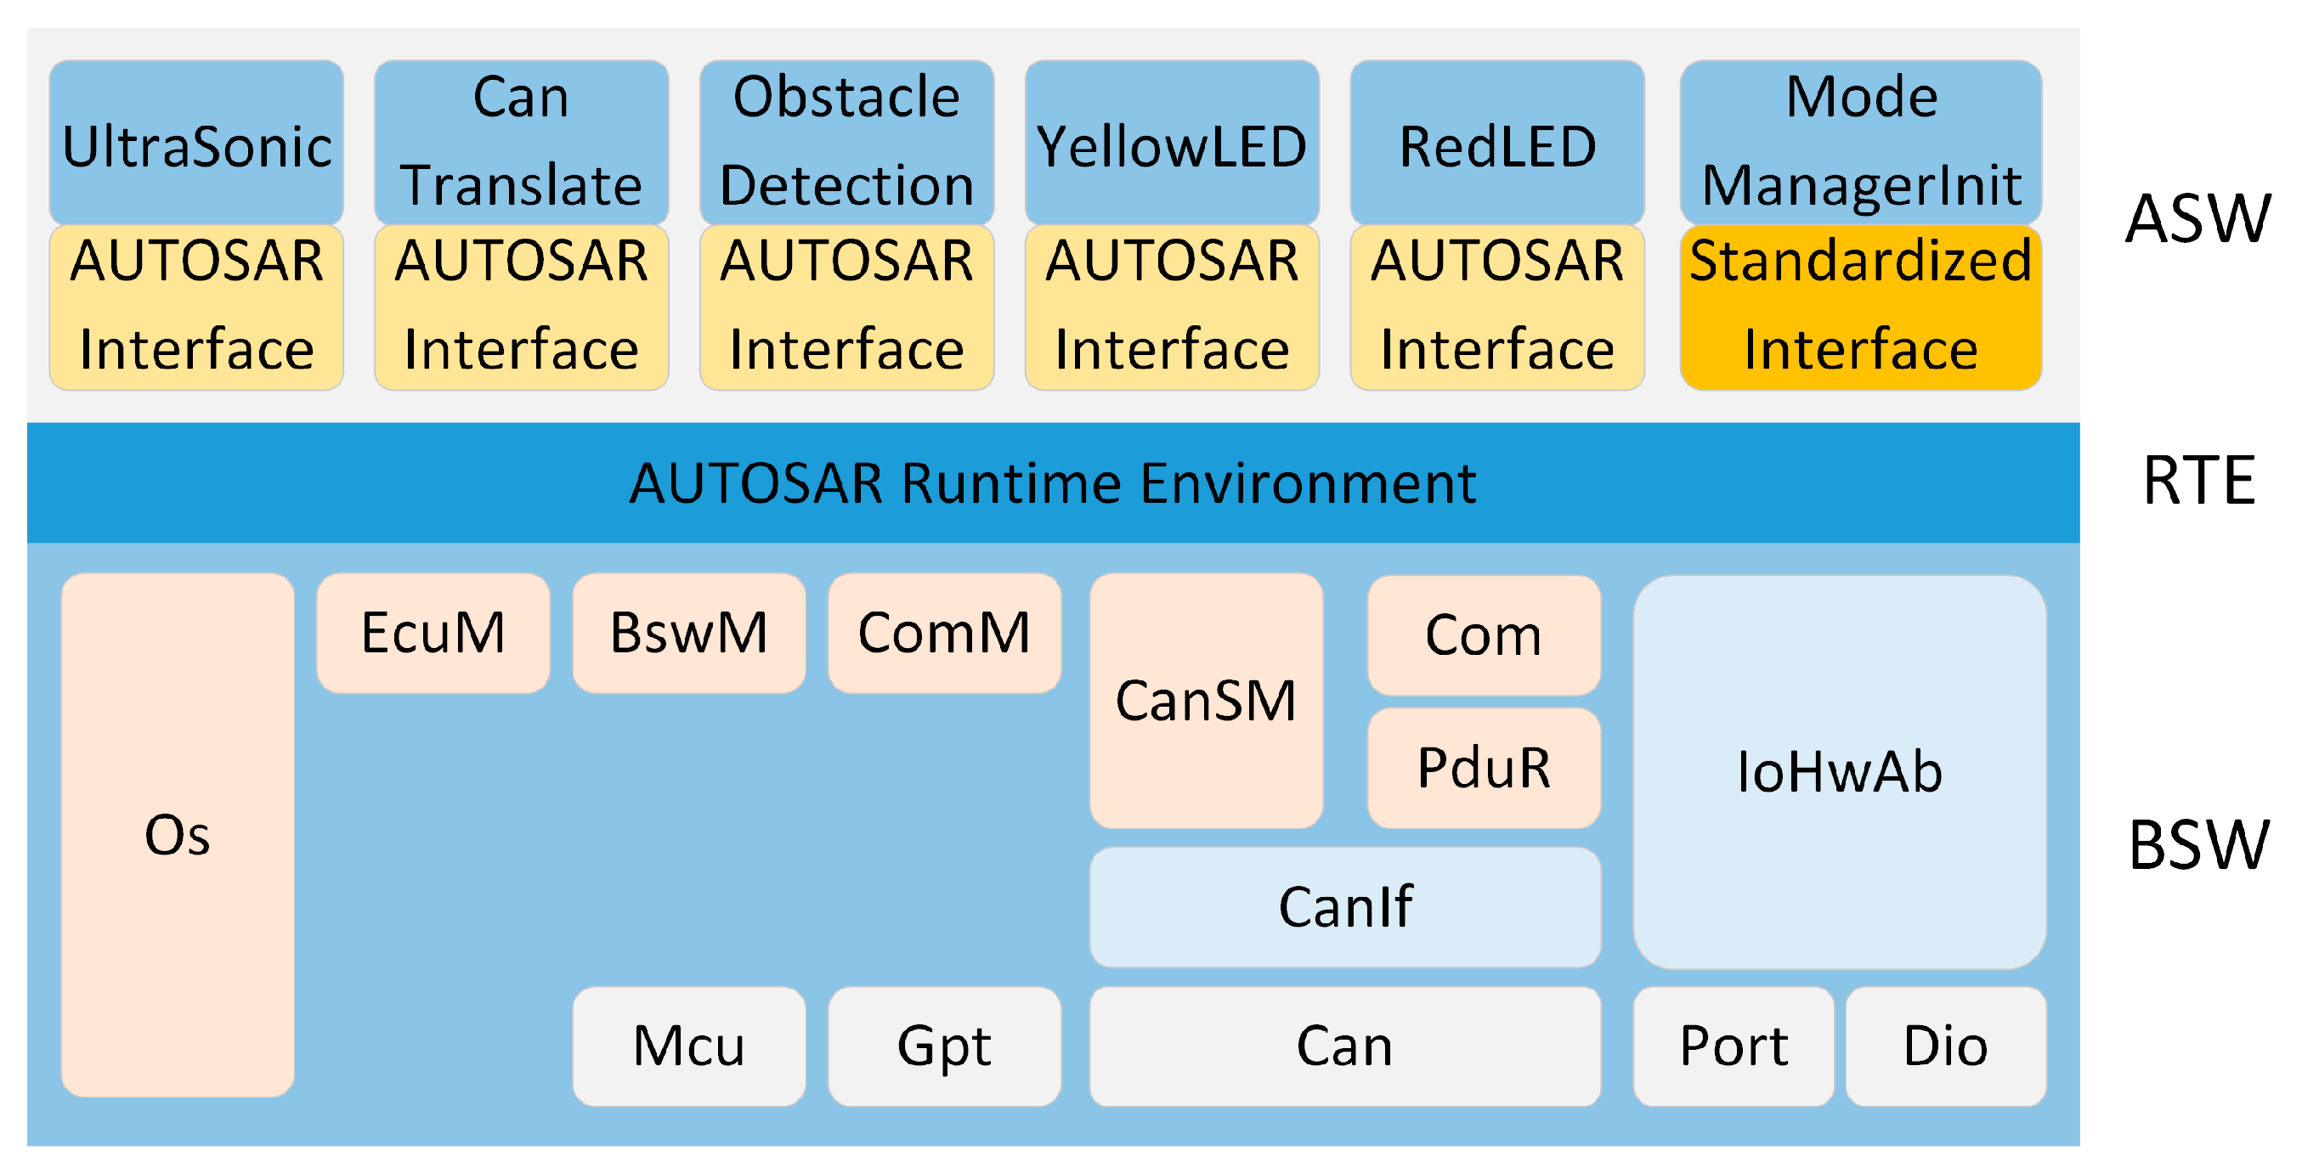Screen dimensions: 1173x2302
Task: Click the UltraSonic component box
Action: [195, 143]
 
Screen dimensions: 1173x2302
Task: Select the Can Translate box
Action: [521, 143]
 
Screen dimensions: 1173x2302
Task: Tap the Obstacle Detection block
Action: [846, 143]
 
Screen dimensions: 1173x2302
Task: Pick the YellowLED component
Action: [1172, 143]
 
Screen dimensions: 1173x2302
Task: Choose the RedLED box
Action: [1496, 143]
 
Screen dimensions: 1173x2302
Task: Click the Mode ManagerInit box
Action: [1860, 143]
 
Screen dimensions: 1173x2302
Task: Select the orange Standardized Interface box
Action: [1860, 307]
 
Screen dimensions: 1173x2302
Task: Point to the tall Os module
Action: [177, 834]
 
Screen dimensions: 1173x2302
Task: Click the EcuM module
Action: [433, 633]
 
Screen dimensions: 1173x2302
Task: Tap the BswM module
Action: [688, 633]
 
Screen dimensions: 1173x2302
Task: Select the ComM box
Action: [944, 633]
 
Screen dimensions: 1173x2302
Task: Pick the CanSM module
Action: [1206, 700]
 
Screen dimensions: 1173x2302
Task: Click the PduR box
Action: [1484, 767]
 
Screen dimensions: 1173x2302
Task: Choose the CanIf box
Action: [1345, 906]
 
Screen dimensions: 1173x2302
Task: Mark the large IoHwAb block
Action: [1839, 771]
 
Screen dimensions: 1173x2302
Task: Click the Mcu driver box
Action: [688, 1046]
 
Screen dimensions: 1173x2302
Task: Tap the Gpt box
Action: [944, 1046]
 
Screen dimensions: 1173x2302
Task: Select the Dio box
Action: [1945, 1046]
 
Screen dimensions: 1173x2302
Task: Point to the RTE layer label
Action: [2198, 481]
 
